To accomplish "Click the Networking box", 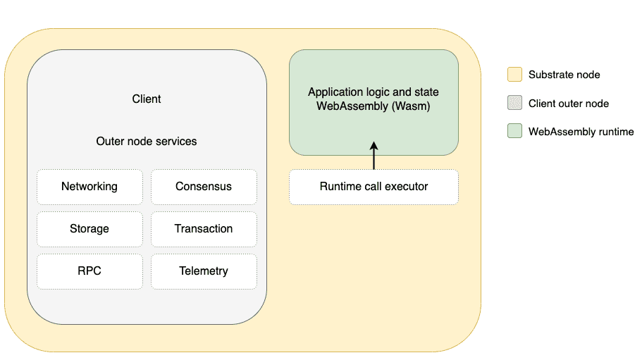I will (x=89, y=187).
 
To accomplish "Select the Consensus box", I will (x=204, y=187).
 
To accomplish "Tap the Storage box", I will (x=89, y=229).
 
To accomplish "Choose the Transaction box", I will (x=204, y=229).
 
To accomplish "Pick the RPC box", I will (x=89, y=271).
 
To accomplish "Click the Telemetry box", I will (x=204, y=271).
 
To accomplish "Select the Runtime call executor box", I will (x=374, y=187).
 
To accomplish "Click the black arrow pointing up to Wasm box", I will (x=374, y=158).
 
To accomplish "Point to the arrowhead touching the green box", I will (x=374, y=145).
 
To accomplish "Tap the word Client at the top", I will (x=147, y=99).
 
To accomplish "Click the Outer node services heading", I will (x=147, y=142).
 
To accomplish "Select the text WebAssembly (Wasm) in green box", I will (x=374, y=107).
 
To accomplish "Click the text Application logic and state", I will (x=374, y=92).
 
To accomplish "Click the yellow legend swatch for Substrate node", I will (x=514, y=75).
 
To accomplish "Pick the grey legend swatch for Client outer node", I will (x=514, y=104).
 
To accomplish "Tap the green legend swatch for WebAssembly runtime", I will (x=514, y=132).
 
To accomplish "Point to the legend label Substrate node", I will (x=564, y=75).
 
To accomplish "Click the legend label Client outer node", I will (x=568, y=104).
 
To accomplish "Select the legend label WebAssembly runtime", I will (x=581, y=132).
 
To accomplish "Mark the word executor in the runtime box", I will (x=406, y=187).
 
